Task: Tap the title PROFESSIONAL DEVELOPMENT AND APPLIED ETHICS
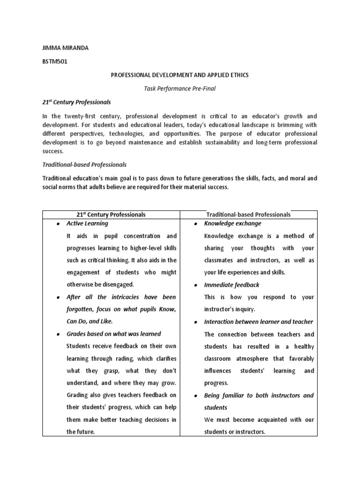click(x=180, y=75)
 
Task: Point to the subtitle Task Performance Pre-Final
click(x=180, y=88)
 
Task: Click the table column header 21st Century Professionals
click(x=111, y=214)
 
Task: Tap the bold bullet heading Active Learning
click(x=87, y=224)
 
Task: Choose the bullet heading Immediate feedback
click(x=232, y=285)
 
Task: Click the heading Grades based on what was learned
click(x=114, y=334)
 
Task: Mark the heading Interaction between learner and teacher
click(x=259, y=322)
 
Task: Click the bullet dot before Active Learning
click(x=58, y=224)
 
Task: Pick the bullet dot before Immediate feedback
click(x=195, y=285)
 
